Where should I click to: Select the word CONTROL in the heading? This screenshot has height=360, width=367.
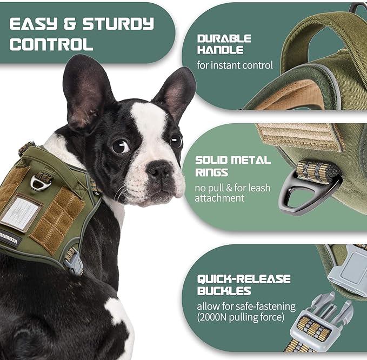[x=51, y=44]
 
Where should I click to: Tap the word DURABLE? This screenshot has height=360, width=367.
[x=224, y=39]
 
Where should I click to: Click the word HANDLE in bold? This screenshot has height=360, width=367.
[x=220, y=50]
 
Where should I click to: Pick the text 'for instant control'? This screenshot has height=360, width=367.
[x=235, y=66]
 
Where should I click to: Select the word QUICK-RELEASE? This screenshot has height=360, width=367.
[x=243, y=279]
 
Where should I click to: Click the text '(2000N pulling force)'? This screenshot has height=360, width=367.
[x=241, y=317]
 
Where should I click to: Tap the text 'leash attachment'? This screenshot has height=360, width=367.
[x=221, y=198]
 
